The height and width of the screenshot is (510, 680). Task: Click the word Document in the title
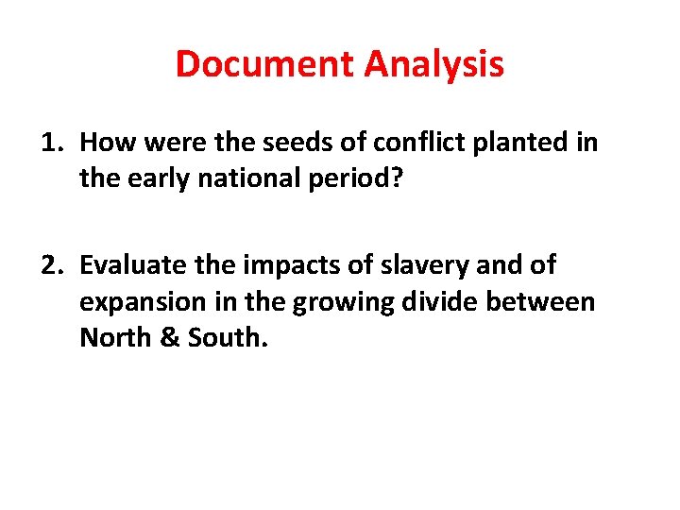[265, 64]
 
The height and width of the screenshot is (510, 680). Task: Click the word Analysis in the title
[433, 64]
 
